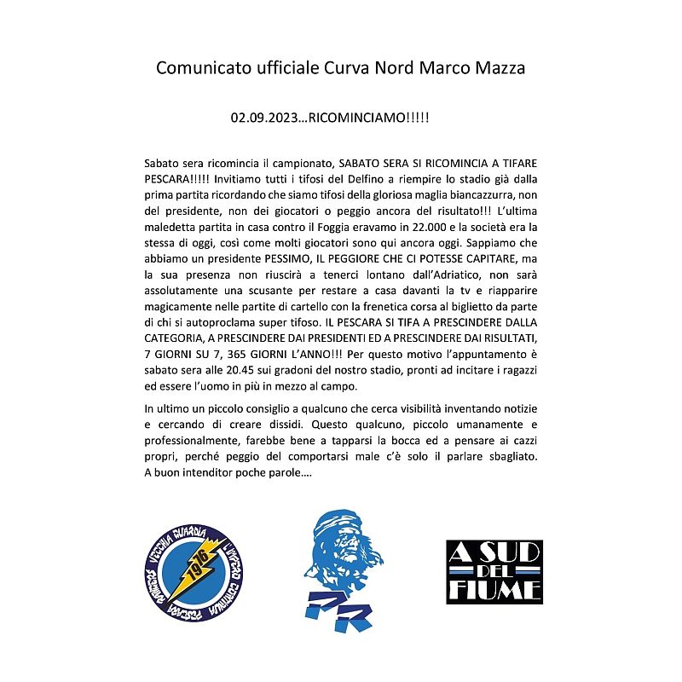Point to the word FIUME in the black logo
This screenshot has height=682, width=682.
tap(494, 589)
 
